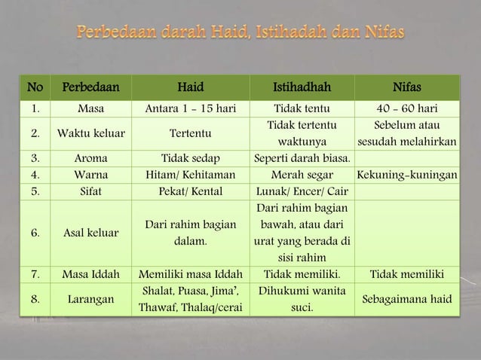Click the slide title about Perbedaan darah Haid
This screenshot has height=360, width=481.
pyautogui.click(x=240, y=33)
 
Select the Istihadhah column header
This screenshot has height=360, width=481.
pyautogui.click(x=302, y=89)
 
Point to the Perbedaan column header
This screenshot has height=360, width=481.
pyautogui.click(x=90, y=89)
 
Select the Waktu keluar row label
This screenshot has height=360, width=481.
pyautogui.click(x=90, y=133)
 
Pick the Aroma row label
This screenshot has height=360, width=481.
pyautogui.click(x=90, y=158)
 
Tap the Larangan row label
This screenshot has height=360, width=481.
pyautogui.click(x=90, y=300)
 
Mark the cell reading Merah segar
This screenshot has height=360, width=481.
pyautogui.click(x=302, y=174)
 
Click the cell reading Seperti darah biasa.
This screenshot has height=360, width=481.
pyautogui.click(x=302, y=158)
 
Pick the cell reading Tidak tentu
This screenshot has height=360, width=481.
pyautogui.click(x=302, y=108)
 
